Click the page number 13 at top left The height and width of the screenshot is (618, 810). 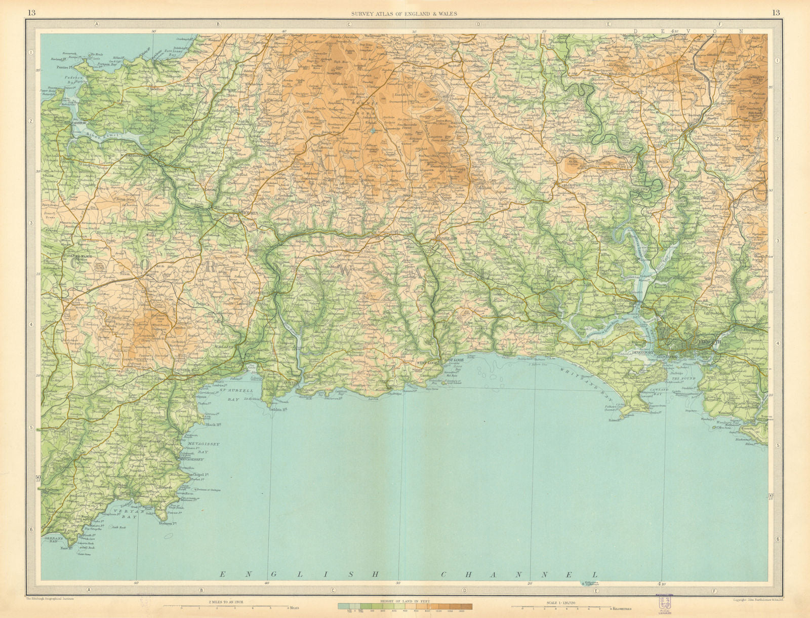coord(31,13)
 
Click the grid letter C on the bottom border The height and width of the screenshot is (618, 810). coord(333,590)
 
